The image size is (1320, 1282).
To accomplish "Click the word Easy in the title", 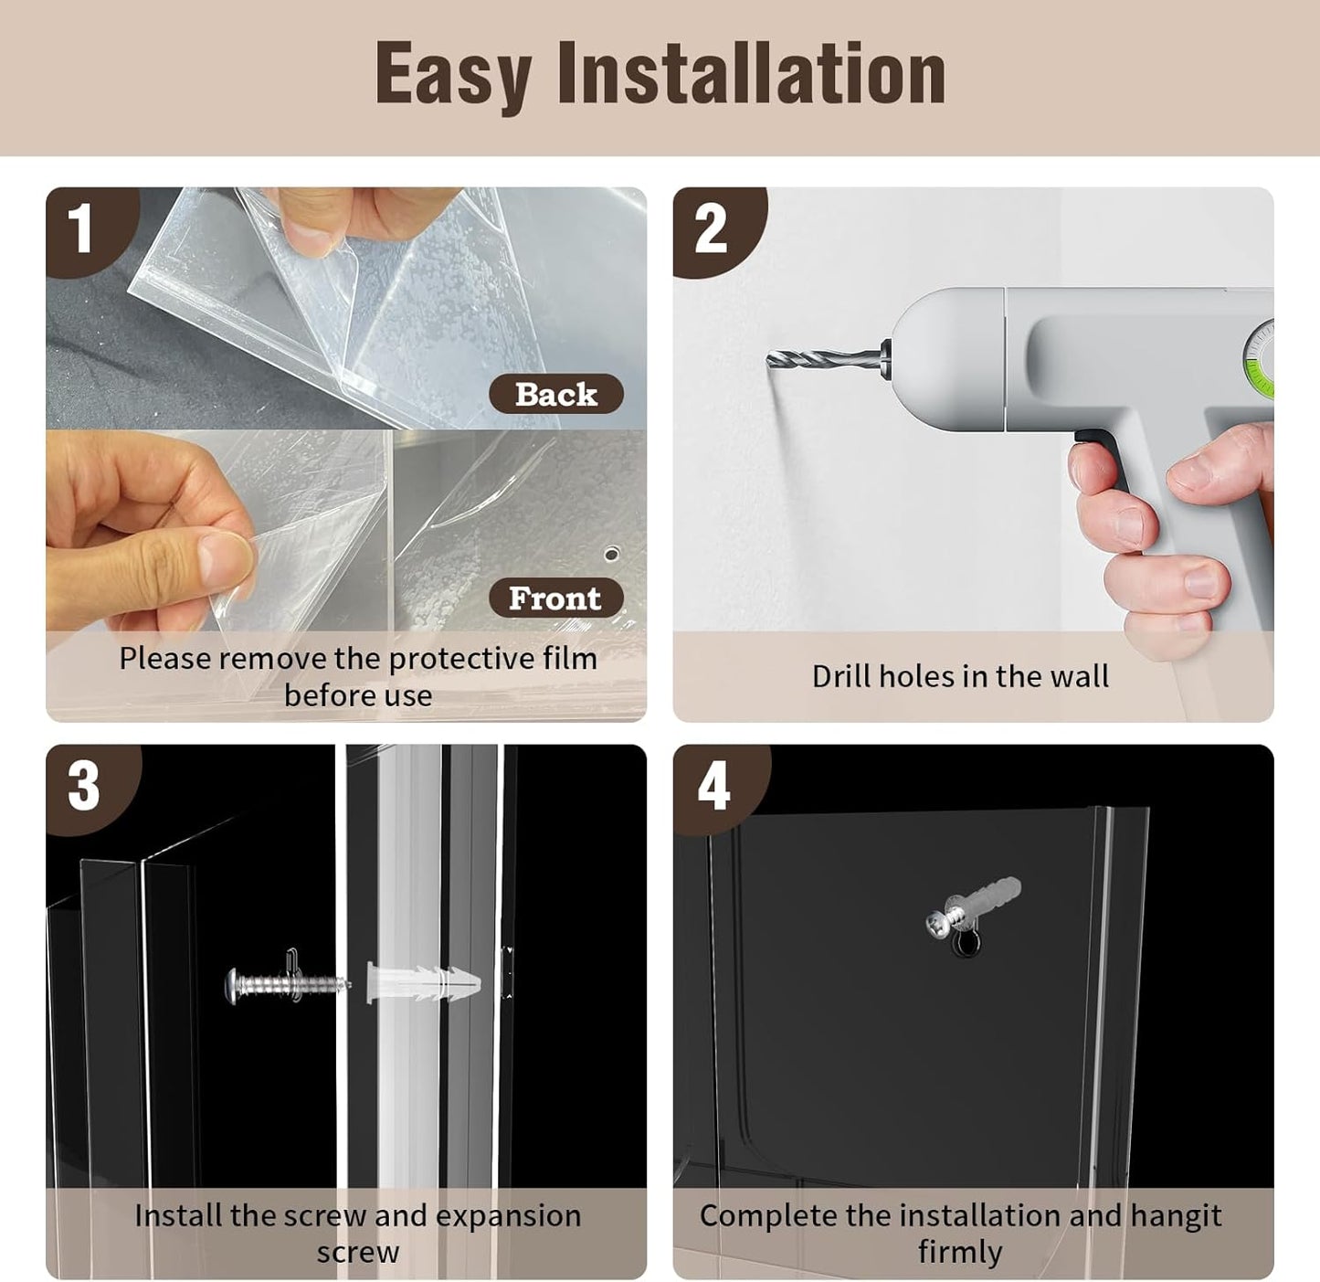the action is point(453,74).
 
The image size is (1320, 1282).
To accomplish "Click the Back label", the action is point(556,394).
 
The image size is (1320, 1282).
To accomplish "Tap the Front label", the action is point(555,598).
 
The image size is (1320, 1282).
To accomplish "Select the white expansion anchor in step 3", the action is point(424,982).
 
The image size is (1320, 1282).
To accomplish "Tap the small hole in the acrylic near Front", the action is point(611,553).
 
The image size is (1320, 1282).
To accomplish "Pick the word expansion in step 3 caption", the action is point(508,1216).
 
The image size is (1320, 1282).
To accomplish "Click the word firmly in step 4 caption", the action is point(960,1252).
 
